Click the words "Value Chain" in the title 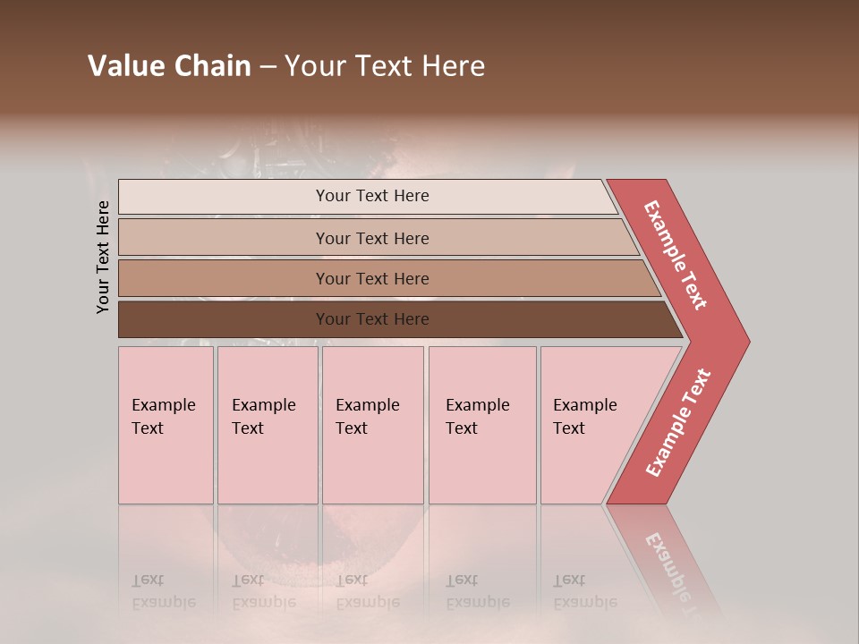[169, 66]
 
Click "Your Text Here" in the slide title [385, 66]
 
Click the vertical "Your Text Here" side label [103, 257]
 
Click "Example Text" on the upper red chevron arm [676, 255]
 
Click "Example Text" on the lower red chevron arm [678, 422]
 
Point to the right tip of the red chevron [747, 342]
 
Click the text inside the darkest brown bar [372, 319]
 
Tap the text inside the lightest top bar [372, 196]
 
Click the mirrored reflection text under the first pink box [163, 591]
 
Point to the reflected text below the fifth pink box [584, 591]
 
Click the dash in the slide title [268, 67]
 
